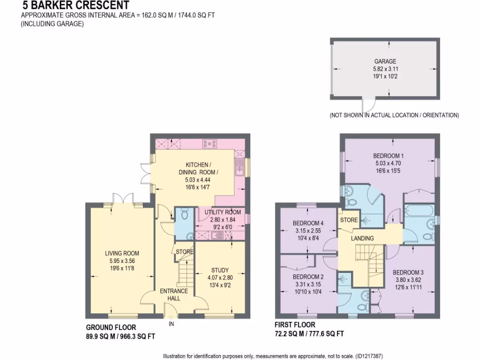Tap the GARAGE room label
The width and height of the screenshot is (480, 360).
pyautogui.click(x=385, y=61)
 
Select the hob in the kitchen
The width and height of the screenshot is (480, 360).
pyautogui.click(x=209, y=143)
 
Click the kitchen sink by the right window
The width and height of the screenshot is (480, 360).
pyautogui.click(x=240, y=166)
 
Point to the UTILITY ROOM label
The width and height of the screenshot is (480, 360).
pyautogui.click(x=222, y=212)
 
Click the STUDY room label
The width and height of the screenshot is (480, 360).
pyautogui.click(x=220, y=270)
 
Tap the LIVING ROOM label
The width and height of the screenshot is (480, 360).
pyautogui.click(x=121, y=254)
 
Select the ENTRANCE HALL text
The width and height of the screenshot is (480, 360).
pyautogui.click(x=174, y=294)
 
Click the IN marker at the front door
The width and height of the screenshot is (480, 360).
pyautogui.click(x=171, y=323)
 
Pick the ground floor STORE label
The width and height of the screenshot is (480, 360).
pyautogui.click(x=184, y=252)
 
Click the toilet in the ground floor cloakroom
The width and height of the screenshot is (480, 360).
pyautogui.click(x=185, y=215)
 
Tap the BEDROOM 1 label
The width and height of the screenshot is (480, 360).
pyautogui.click(x=389, y=156)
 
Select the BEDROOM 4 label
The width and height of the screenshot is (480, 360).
pyautogui.click(x=308, y=223)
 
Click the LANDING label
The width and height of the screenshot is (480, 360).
pyautogui.click(x=363, y=238)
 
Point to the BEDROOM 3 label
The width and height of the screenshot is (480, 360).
pyautogui.click(x=408, y=272)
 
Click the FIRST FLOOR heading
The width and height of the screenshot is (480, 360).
pyautogui.click(x=295, y=324)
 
